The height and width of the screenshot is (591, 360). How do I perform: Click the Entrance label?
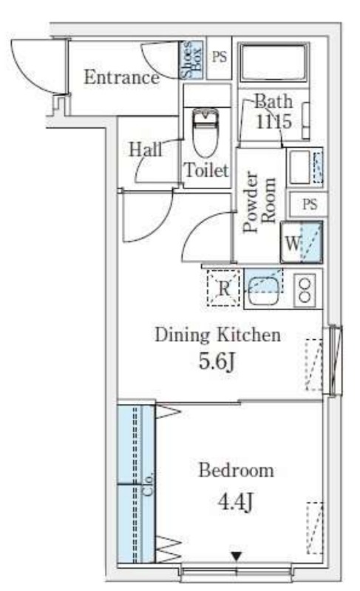click(x=121, y=78)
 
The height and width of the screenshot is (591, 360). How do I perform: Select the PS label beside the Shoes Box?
click(x=220, y=58)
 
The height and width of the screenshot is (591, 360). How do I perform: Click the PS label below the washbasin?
click(x=310, y=205)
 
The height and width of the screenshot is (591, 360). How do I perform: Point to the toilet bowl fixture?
click(x=206, y=133)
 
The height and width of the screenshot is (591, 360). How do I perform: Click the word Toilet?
click(x=206, y=171)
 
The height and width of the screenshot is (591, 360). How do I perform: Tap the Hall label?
click(x=146, y=149)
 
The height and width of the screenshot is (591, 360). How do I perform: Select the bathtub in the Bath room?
click(x=274, y=62)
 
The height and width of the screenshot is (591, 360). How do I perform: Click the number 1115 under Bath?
click(x=274, y=121)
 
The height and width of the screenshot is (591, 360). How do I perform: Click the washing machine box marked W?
click(x=302, y=242)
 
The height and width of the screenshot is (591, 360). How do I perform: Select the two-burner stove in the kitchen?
click(x=305, y=290)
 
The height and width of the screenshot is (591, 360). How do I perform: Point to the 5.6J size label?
click(x=217, y=361)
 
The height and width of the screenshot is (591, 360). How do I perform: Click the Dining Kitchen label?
click(x=218, y=335)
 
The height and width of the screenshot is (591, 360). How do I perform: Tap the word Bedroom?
click(x=236, y=471)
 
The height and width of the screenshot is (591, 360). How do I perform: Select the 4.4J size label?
click(x=235, y=502)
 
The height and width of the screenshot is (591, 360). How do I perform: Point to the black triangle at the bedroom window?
click(x=237, y=556)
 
